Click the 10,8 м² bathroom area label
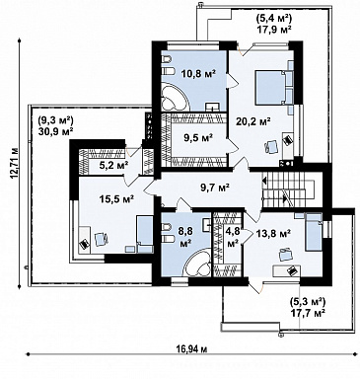(x=198, y=73)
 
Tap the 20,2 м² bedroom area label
(x=253, y=121)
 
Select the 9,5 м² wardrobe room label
(x=197, y=137)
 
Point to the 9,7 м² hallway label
(x=215, y=188)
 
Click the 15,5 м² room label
(x=116, y=198)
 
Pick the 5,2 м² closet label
(x=113, y=165)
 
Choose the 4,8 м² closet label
(x=233, y=238)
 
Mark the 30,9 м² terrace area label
(x=55, y=130)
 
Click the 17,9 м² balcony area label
(x=274, y=30)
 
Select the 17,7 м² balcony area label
(x=308, y=312)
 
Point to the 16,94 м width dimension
(x=190, y=349)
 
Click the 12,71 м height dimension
(x=14, y=163)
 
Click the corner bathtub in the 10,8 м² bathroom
(x=176, y=97)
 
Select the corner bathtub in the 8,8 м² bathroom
(x=197, y=263)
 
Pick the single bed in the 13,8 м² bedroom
(x=314, y=232)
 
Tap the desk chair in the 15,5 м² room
(x=102, y=239)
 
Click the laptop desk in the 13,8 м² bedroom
(x=286, y=270)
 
